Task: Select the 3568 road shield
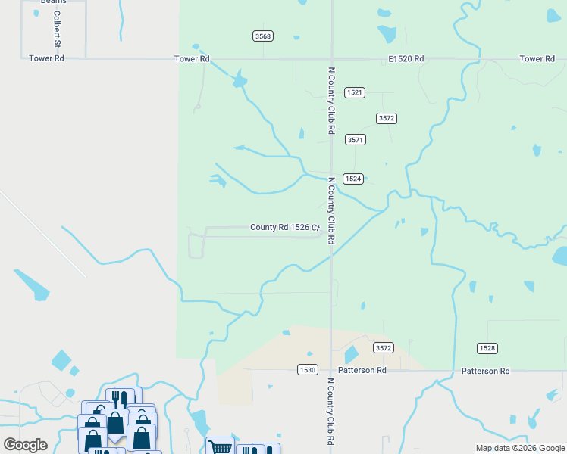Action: click(x=263, y=36)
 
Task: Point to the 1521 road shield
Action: click(x=355, y=92)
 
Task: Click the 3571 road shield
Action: click(x=355, y=140)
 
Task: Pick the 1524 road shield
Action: click(x=352, y=179)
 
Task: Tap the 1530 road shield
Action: click(x=307, y=369)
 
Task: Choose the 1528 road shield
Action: click(x=487, y=348)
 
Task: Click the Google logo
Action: click(x=26, y=444)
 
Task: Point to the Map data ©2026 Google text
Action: click(x=519, y=448)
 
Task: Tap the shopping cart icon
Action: click(x=220, y=446)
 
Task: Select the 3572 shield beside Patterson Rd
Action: click(x=384, y=348)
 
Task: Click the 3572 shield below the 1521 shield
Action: click(x=387, y=118)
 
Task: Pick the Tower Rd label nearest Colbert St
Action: click(x=45, y=58)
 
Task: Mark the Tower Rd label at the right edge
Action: click(x=537, y=58)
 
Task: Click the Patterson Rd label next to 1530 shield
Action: click(x=362, y=371)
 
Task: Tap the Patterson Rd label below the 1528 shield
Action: click(x=486, y=371)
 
